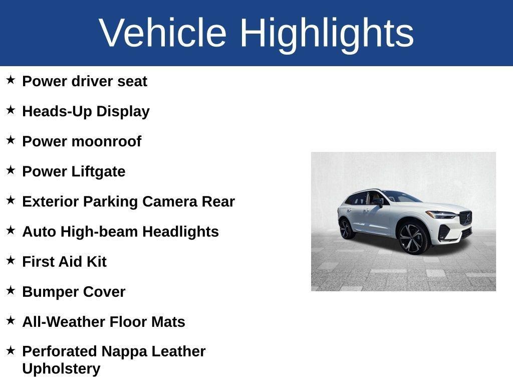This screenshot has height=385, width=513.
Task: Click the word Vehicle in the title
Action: pos(163,33)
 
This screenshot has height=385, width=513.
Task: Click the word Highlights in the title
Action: pos(327,33)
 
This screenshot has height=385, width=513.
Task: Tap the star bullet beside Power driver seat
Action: pos(11,80)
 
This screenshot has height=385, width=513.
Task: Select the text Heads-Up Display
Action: pos(86,111)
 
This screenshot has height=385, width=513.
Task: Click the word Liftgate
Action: pos(98,171)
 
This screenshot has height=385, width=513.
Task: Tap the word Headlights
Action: pos(180,232)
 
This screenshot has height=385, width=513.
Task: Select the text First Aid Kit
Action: pos(64,262)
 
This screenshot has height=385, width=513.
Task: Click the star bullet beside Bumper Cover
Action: pos(11,290)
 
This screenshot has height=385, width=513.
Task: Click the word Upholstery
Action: pos(61,368)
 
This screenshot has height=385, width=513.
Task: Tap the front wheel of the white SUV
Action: pos(413,238)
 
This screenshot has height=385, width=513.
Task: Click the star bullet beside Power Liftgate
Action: pos(11,170)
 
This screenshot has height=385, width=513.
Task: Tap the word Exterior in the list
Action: pos(51,202)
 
